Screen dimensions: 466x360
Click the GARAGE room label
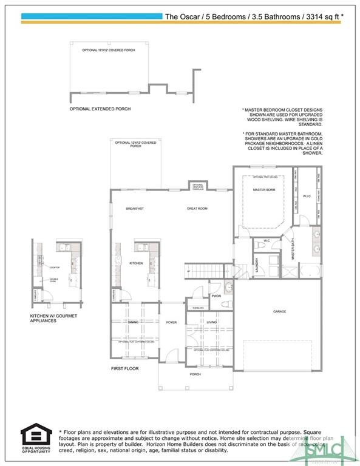pos(279,312)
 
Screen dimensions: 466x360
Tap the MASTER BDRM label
pos(264,190)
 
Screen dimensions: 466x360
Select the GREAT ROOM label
pos(197,209)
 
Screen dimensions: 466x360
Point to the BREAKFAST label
pos(134,209)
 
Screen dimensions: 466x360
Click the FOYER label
pos(172,322)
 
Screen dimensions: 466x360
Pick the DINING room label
pos(133,322)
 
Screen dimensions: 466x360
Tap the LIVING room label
pos(211,322)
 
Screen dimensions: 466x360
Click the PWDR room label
pos(216,296)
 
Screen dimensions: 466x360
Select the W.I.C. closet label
pos(307,197)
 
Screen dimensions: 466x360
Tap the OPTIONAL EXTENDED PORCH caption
pos(100,109)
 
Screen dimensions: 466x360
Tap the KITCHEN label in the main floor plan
pos(135,263)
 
